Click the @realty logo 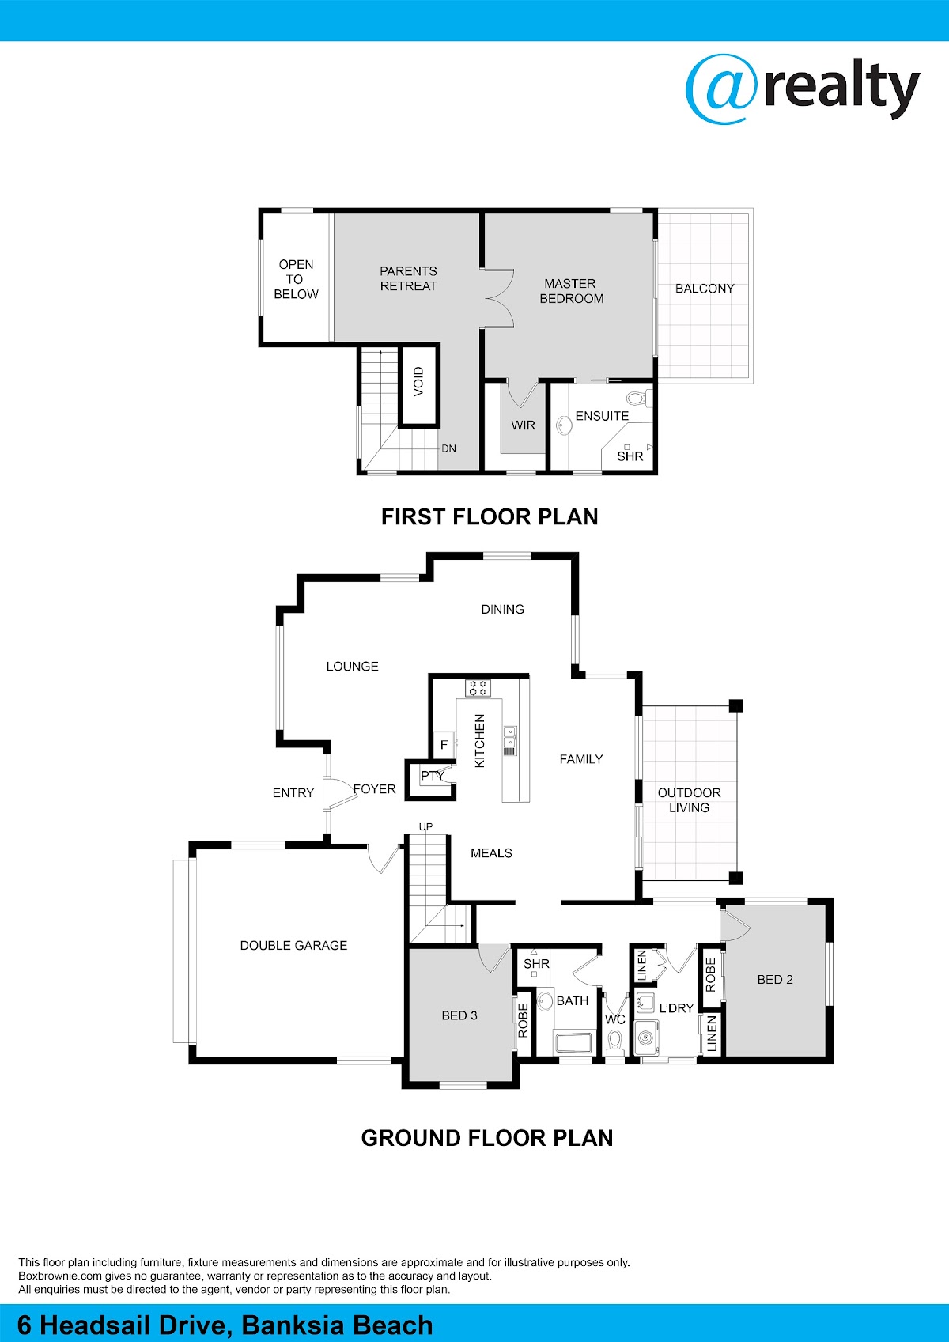802,89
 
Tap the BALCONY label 705,288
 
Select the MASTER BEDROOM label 571,290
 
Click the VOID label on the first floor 418,381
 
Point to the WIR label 523,425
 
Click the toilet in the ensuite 635,398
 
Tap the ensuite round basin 563,425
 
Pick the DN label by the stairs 448,448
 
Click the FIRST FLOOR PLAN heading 490,516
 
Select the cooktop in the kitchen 478,687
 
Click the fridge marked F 444,745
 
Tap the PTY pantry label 432,776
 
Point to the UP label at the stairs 425,826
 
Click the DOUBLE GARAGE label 293,945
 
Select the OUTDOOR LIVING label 689,800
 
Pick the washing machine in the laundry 647,1037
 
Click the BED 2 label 775,980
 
